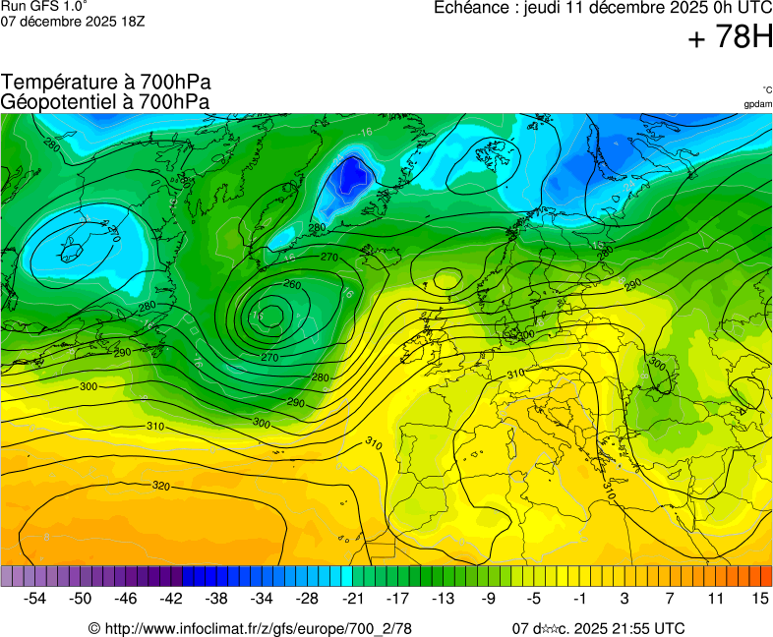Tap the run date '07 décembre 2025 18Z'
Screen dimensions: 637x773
click(x=73, y=21)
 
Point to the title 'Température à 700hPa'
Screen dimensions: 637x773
click(x=106, y=83)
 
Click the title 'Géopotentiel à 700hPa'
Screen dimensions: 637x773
click(x=106, y=101)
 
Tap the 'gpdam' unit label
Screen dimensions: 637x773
click(x=757, y=103)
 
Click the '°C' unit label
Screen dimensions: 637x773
click(x=766, y=89)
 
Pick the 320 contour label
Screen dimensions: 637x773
click(x=162, y=486)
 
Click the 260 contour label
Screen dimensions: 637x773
click(x=291, y=285)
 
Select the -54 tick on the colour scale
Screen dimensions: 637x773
click(x=35, y=598)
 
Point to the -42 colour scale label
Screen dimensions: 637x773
click(x=171, y=598)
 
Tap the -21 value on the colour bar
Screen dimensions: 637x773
click(x=352, y=598)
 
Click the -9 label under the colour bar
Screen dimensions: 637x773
click(x=488, y=598)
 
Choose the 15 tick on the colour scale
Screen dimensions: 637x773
click(x=760, y=598)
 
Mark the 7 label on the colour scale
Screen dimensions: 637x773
click(x=670, y=598)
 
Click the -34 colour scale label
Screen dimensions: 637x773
click(x=262, y=598)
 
